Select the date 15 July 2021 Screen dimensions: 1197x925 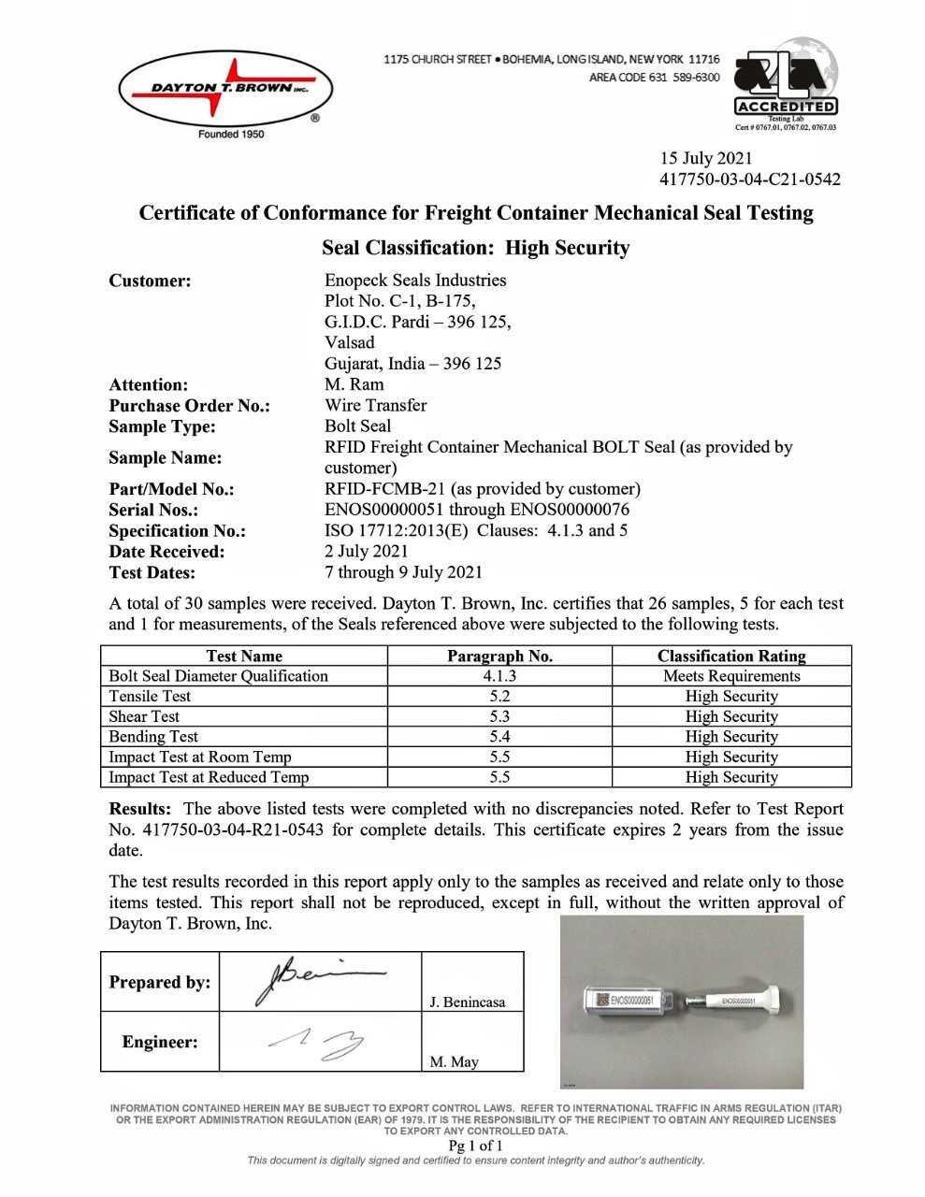coord(706,158)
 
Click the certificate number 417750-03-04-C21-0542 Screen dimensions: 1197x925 coord(750,179)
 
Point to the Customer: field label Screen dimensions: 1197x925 coord(150,281)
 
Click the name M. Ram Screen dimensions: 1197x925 coord(354,384)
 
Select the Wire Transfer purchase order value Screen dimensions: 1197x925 coord(375,405)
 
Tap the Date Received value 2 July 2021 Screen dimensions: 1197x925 coord(366,552)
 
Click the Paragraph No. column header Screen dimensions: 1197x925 coord(499,656)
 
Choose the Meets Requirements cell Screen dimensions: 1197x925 coord(731,676)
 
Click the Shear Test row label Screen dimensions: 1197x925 coord(144,716)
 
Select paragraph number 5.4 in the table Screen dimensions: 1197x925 coord(499,737)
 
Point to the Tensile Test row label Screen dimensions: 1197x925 coord(150,697)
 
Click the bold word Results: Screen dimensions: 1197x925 coord(140,809)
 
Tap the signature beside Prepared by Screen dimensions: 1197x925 coord(318,979)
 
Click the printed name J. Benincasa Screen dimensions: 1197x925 coord(468,1002)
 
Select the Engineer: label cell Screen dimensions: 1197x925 coord(160,1042)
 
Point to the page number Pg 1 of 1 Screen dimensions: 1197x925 coord(475,1146)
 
